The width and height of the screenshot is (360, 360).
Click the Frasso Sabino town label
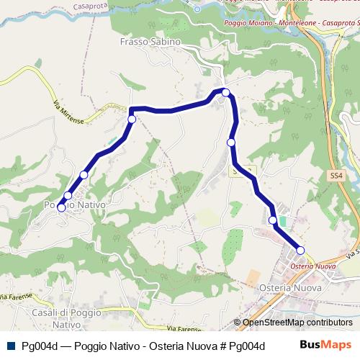pyautogui.click(x=150, y=42)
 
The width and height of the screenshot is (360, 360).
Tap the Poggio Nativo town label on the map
pyautogui.click(x=75, y=205)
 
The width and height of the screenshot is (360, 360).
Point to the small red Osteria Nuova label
pyautogui.click(x=313, y=266)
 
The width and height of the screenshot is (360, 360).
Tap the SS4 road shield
pyautogui.click(x=336, y=175)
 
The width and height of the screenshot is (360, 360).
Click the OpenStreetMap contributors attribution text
pyautogui.click(x=297, y=323)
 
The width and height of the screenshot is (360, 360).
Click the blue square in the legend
pyautogui.click(x=10, y=346)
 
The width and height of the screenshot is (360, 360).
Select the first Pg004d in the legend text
pyautogui.click(x=40, y=346)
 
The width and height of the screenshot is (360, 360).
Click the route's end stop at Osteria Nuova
pyautogui.click(x=300, y=251)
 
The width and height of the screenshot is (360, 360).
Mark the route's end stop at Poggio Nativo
pyautogui.click(x=61, y=208)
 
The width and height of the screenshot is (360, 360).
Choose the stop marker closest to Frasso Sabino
pyautogui.click(x=225, y=92)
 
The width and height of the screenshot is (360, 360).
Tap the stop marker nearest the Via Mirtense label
pyautogui.click(x=132, y=119)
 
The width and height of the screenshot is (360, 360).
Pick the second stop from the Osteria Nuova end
pyautogui.click(x=272, y=220)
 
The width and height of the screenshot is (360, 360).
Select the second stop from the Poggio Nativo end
pyautogui.click(x=68, y=195)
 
